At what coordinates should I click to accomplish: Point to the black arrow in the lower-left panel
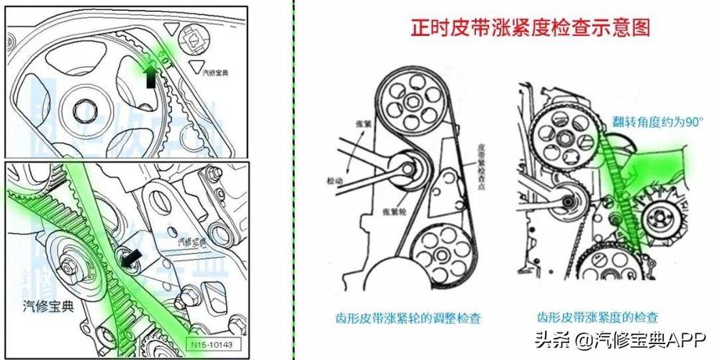click(132, 258)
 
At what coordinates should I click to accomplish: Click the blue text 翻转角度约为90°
click(657, 122)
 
